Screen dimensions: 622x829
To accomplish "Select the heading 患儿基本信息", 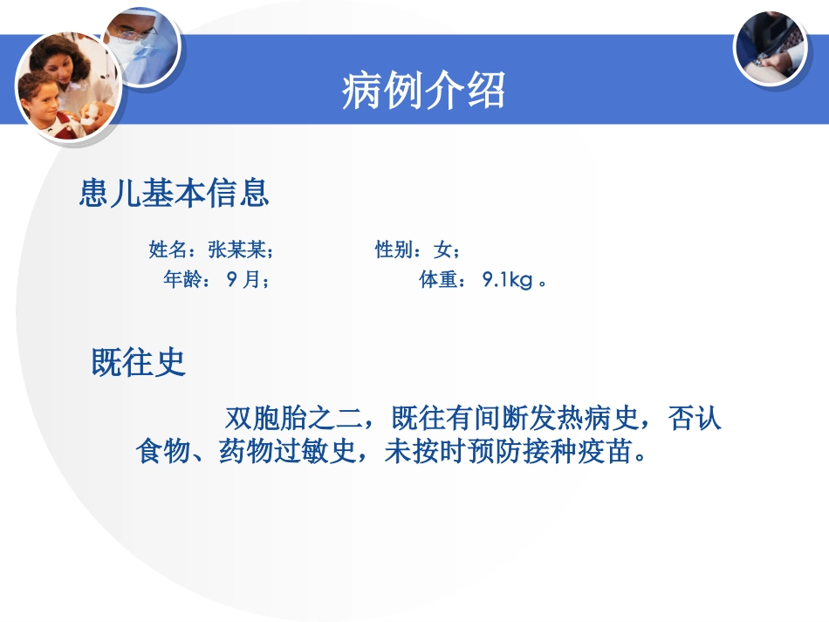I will coord(174,194).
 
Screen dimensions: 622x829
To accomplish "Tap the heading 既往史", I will coord(140,362).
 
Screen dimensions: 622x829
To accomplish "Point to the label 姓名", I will coord(168,251).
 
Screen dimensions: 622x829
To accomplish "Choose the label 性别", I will coord(394,251).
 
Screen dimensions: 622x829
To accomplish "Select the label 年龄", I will coord(182,281).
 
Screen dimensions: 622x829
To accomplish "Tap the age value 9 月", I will coord(243,281).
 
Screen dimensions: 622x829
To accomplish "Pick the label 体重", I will coord(438,281).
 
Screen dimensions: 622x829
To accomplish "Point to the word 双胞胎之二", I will coord(291,419).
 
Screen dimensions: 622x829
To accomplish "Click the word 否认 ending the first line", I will coord(695,419).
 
